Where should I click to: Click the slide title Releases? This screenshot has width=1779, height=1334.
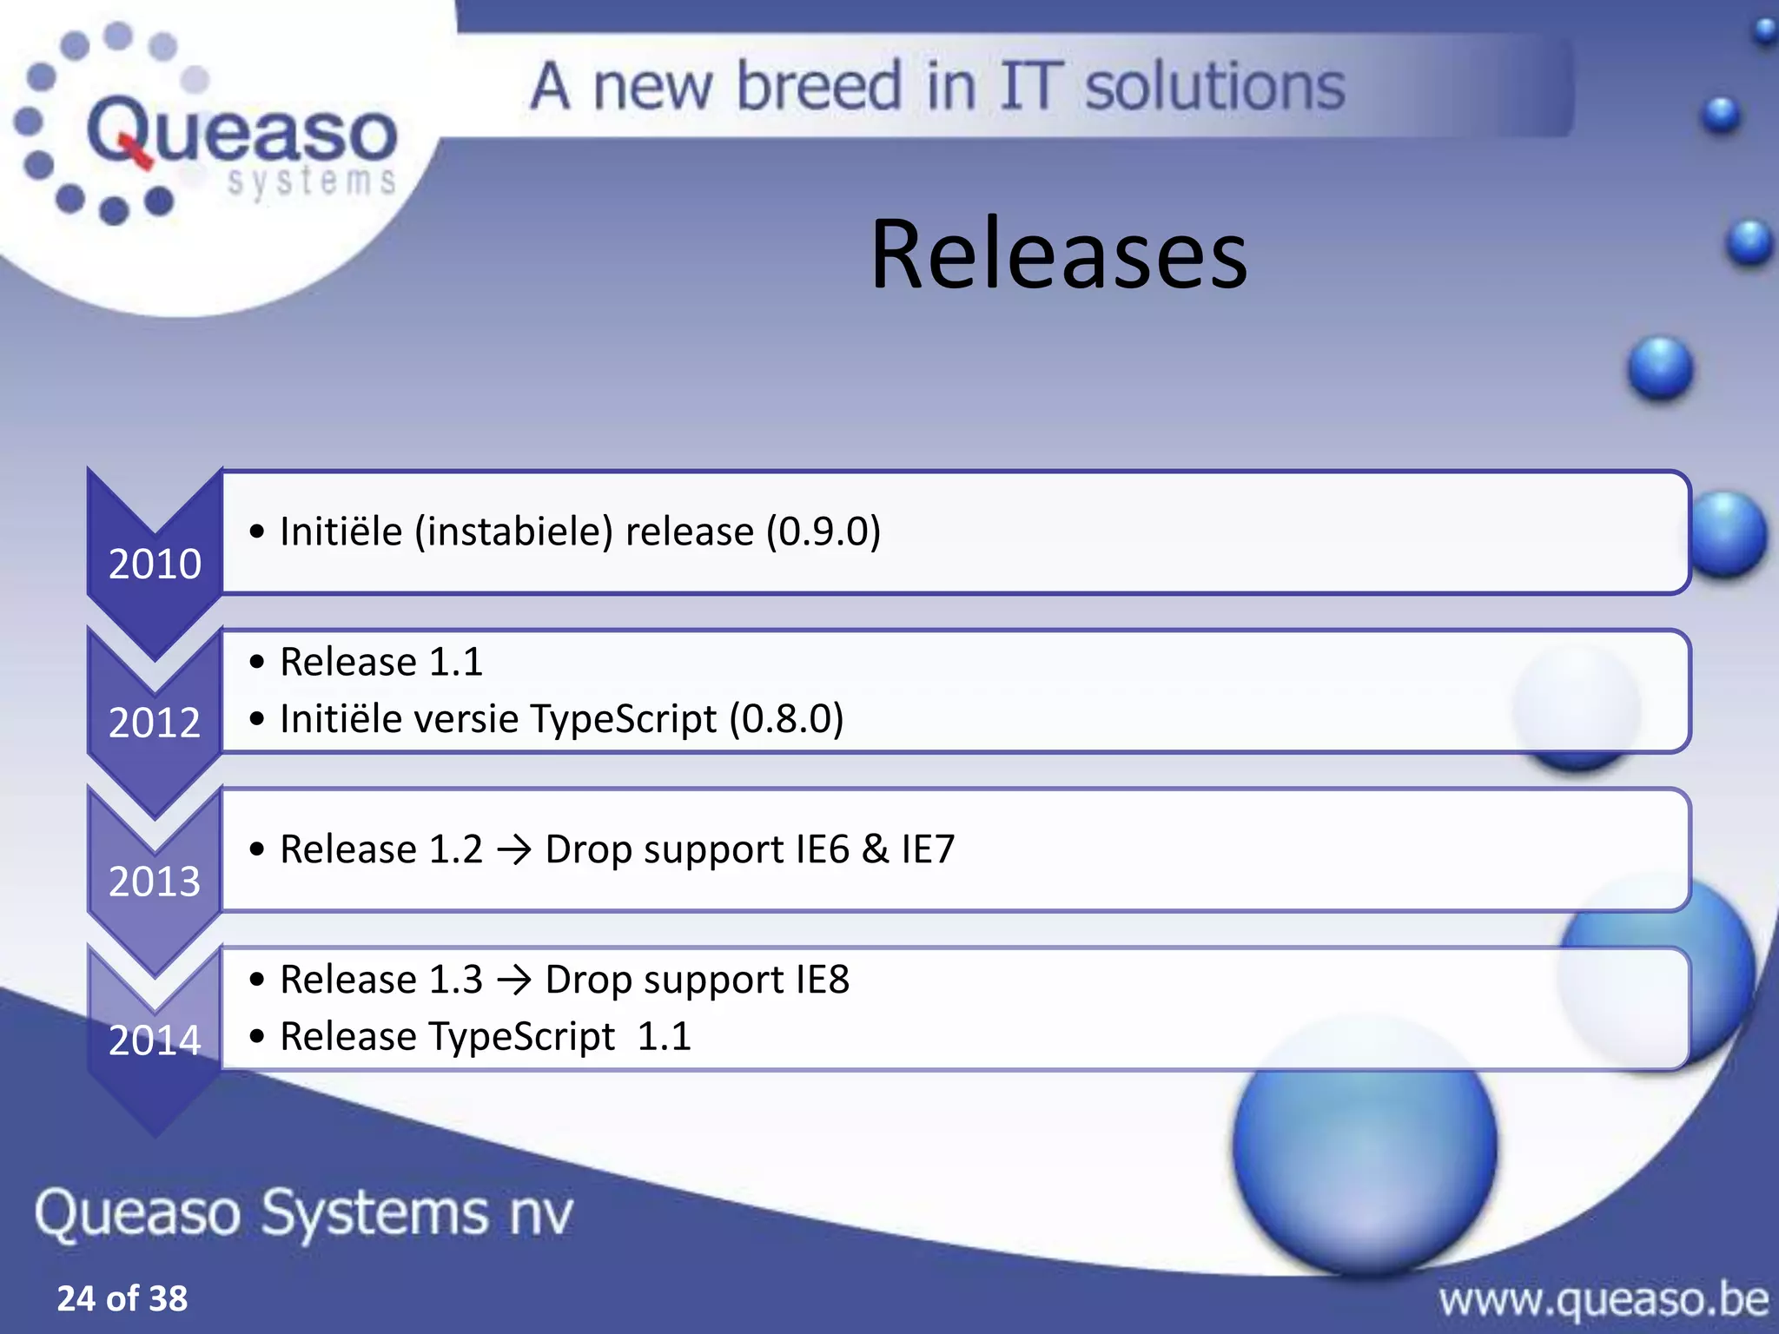coord(1058,254)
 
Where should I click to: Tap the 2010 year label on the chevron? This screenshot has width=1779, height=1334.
coord(155,565)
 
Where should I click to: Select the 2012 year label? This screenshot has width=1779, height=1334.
coord(155,723)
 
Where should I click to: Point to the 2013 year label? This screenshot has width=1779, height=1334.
coord(155,882)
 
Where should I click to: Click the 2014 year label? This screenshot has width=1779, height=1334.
coord(155,1040)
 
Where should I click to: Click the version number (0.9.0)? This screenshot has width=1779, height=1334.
coord(823,532)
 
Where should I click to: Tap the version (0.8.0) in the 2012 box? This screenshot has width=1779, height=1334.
coord(786,719)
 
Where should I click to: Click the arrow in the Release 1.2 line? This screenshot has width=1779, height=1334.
coord(514,849)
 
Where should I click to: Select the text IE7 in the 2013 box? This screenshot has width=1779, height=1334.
coord(928,849)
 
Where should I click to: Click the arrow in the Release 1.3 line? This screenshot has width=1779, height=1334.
coord(514,981)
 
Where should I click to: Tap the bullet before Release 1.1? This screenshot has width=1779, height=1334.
coord(256,663)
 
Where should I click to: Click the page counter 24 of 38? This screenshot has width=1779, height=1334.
coord(122,1298)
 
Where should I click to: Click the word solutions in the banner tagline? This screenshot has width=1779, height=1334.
coord(1214,87)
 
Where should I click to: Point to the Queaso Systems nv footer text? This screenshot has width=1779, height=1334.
coord(304,1213)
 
